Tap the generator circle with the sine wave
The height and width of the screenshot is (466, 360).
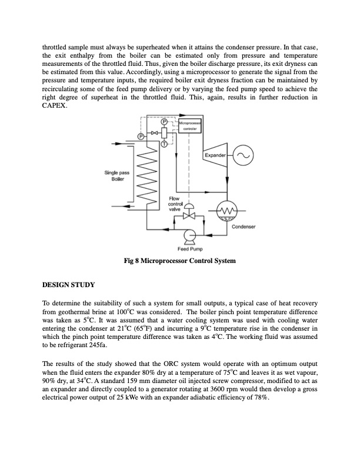pyautogui.click(x=244, y=155)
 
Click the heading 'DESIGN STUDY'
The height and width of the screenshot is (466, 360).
pyautogui.click(x=68, y=285)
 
